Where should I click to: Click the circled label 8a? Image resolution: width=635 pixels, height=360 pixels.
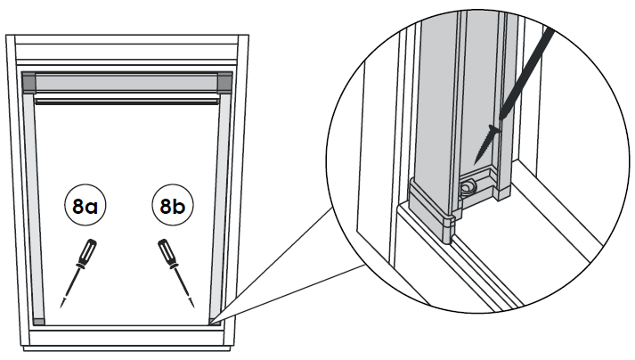(x=85, y=207)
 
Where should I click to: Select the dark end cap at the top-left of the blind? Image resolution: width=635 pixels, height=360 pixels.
(x=28, y=83)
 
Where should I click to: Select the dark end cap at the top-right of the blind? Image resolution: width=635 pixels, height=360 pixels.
(x=224, y=83)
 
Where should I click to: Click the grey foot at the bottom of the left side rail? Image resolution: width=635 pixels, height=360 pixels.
(x=37, y=319)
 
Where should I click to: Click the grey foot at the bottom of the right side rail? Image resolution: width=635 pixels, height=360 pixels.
(x=213, y=319)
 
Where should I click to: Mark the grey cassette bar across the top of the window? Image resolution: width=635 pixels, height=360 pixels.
(x=126, y=82)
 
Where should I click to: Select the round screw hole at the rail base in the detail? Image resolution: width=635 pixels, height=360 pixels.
(x=467, y=188)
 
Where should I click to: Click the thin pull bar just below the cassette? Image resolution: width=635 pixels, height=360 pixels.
(x=126, y=101)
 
